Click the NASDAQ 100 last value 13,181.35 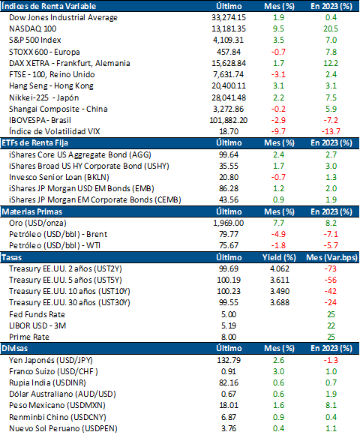click(229, 28)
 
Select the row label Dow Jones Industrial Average click(63, 17)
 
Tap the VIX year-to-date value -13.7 click(331, 131)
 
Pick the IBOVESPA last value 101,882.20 click(229, 120)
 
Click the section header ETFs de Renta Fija click(35, 142)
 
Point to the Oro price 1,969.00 click(229, 223)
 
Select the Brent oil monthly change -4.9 click(278, 235)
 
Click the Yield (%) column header click(279, 257)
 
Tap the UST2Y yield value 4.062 click(280, 268)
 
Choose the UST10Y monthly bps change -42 click(331, 291)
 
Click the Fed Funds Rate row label click(37, 314)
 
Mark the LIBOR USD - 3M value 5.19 click(229, 325)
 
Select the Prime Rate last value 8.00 click(229, 337)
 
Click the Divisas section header click(15, 348)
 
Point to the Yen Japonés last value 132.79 click(229, 360)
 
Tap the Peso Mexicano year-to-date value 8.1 click(331, 405)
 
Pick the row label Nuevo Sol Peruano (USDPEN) click(63, 428)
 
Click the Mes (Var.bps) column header click(331, 257)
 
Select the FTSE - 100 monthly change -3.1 click(278, 75)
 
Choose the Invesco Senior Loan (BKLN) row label click(59, 177)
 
